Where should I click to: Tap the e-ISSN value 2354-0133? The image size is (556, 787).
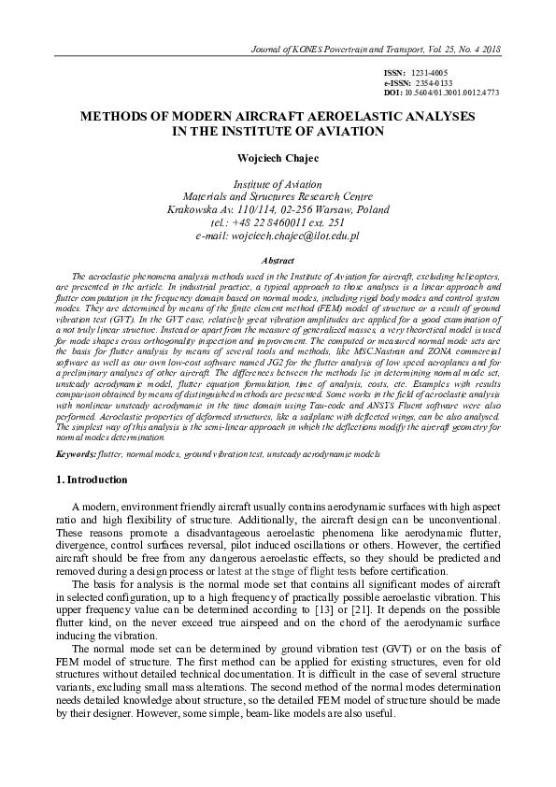[434, 83]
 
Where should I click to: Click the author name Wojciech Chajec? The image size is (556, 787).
[277, 158]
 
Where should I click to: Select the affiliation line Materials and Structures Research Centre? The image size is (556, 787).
[278, 197]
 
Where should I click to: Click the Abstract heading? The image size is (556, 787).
[278, 260]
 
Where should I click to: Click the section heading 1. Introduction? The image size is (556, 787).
[86, 480]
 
